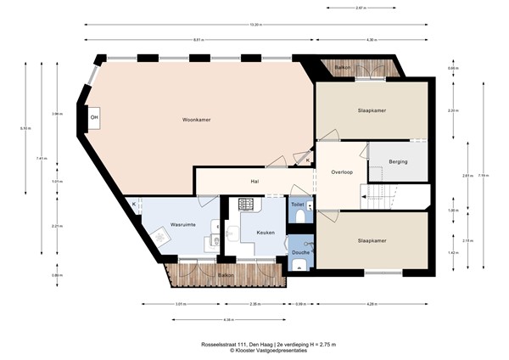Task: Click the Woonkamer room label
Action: click(196, 120)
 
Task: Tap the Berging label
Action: click(397, 161)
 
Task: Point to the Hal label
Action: click(255, 181)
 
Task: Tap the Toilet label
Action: click(298, 205)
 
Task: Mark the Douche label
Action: click(300, 252)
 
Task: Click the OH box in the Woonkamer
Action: click(95, 117)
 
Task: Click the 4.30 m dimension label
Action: click(370, 40)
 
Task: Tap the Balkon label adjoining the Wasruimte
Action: click(226, 276)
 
